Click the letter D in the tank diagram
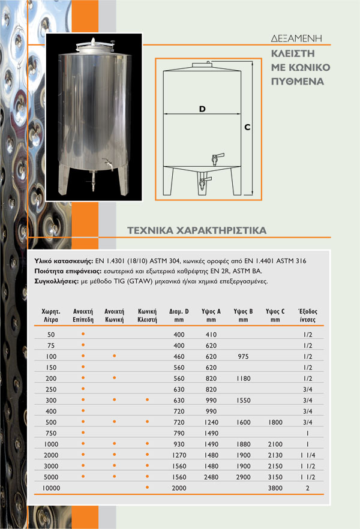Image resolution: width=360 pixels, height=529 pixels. [x=202, y=109]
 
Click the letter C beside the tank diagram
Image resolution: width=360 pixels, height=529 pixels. [x=247, y=128]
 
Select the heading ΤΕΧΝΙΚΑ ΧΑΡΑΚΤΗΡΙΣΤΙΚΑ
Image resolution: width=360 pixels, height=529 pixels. [x=197, y=230]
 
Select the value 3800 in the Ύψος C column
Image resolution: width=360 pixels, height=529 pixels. [x=275, y=488]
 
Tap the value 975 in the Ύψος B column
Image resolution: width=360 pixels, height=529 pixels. [x=243, y=356]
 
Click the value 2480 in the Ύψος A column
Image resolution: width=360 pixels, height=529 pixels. [x=211, y=477]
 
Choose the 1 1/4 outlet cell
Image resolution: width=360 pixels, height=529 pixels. [x=307, y=455]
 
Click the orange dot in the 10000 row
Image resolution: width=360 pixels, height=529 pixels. [x=147, y=488]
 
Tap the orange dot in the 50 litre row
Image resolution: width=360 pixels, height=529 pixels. [x=83, y=333]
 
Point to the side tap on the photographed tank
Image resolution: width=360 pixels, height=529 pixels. [x=107, y=162]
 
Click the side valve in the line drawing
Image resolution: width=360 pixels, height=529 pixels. [x=215, y=159]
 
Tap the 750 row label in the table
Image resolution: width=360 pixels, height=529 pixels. [x=50, y=433]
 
